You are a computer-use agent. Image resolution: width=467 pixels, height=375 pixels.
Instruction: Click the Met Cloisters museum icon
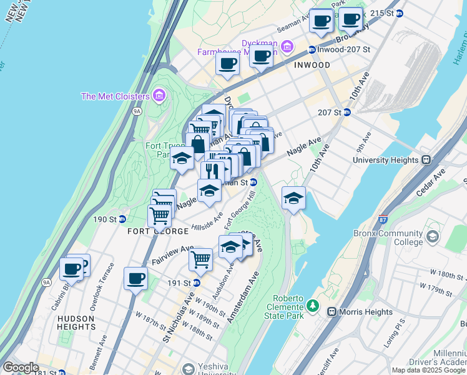(159, 96)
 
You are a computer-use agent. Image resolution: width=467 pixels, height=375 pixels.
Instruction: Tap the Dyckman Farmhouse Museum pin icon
(287, 46)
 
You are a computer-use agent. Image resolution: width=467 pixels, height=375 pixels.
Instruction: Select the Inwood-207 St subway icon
(312, 49)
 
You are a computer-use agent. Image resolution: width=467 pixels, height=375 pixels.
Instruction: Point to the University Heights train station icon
(426, 160)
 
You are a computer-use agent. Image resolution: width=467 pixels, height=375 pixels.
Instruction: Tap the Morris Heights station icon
(332, 311)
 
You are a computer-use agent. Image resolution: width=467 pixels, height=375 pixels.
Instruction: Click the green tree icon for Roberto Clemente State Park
(312, 307)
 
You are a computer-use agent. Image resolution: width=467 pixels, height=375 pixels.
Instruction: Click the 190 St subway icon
(122, 219)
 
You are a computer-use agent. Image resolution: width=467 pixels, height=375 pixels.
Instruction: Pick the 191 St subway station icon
(197, 282)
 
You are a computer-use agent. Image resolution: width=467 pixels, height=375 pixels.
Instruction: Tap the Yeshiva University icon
(187, 369)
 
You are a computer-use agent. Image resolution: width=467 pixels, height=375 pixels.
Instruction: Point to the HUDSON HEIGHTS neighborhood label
(75, 322)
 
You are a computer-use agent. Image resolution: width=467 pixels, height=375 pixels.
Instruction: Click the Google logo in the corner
(21, 367)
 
